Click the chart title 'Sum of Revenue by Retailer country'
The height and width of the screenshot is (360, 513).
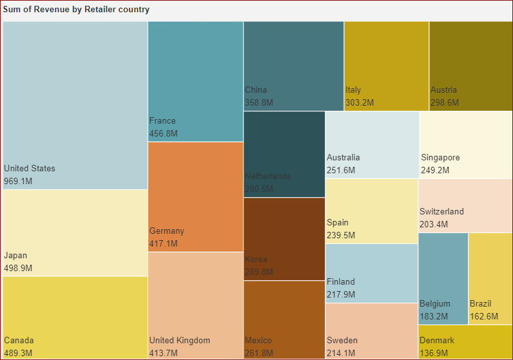point(76,10)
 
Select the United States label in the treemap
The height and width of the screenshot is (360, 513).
point(30,169)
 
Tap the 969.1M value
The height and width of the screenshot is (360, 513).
point(18,182)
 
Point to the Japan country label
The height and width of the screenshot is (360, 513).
point(15,256)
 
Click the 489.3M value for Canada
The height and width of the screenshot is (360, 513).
point(18,353)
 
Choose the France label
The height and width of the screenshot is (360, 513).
point(162,121)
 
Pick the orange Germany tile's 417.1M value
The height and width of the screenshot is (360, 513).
point(164,244)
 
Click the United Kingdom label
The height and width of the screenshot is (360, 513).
point(180,341)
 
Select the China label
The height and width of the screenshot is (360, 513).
point(256,90)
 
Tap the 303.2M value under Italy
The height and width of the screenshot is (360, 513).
point(360,102)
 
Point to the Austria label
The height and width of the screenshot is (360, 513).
point(443,90)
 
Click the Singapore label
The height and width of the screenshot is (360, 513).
point(440,158)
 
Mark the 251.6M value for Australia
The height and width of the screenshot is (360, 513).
point(341,171)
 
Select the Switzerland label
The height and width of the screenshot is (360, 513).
point(441,212)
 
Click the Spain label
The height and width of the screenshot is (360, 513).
point(338,223)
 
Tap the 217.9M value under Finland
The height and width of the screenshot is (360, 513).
point(341,294)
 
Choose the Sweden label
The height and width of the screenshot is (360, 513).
point(342,341)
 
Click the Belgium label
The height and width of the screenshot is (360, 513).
point(435,304)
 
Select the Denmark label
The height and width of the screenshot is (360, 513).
point(437,341)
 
